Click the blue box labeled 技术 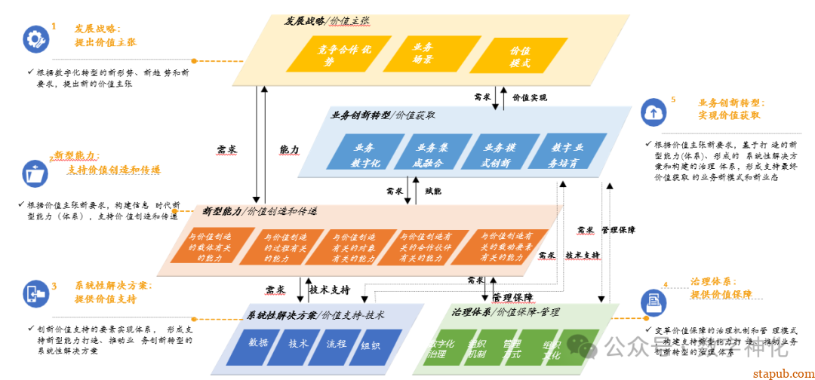[x=298, y=344]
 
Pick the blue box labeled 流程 [x=336, y=344]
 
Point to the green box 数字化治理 [x=441, y=348]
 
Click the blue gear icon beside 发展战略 [x=35, y=38]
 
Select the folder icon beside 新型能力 [x=34, y=173]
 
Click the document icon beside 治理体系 [x=650, y=302]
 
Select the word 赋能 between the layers [x=433, y=191]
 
